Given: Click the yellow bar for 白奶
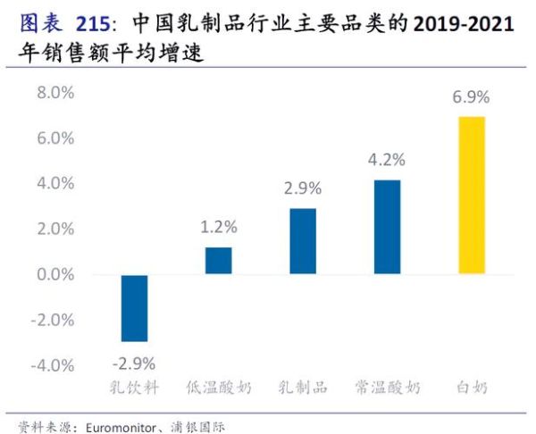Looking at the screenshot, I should click(x=472, y=195).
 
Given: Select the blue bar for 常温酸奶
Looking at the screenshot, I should click(x=387, y=227).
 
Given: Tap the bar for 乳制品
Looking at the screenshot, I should click(x=303, y=241).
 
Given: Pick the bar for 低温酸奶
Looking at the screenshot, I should click(x=219, y=261).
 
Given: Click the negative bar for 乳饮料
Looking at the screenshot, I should click(x=134, y=308).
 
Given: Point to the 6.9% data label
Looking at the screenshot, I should click(x=472, y=97).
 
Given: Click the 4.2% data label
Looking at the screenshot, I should click(x=387, y=161).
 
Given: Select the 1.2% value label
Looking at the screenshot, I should click(x=219, y=227).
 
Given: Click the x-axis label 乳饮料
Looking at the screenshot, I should click(x=134, y=388).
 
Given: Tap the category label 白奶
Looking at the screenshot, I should click(x=472, y=388).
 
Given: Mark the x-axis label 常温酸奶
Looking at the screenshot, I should click(x=387, y=388).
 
